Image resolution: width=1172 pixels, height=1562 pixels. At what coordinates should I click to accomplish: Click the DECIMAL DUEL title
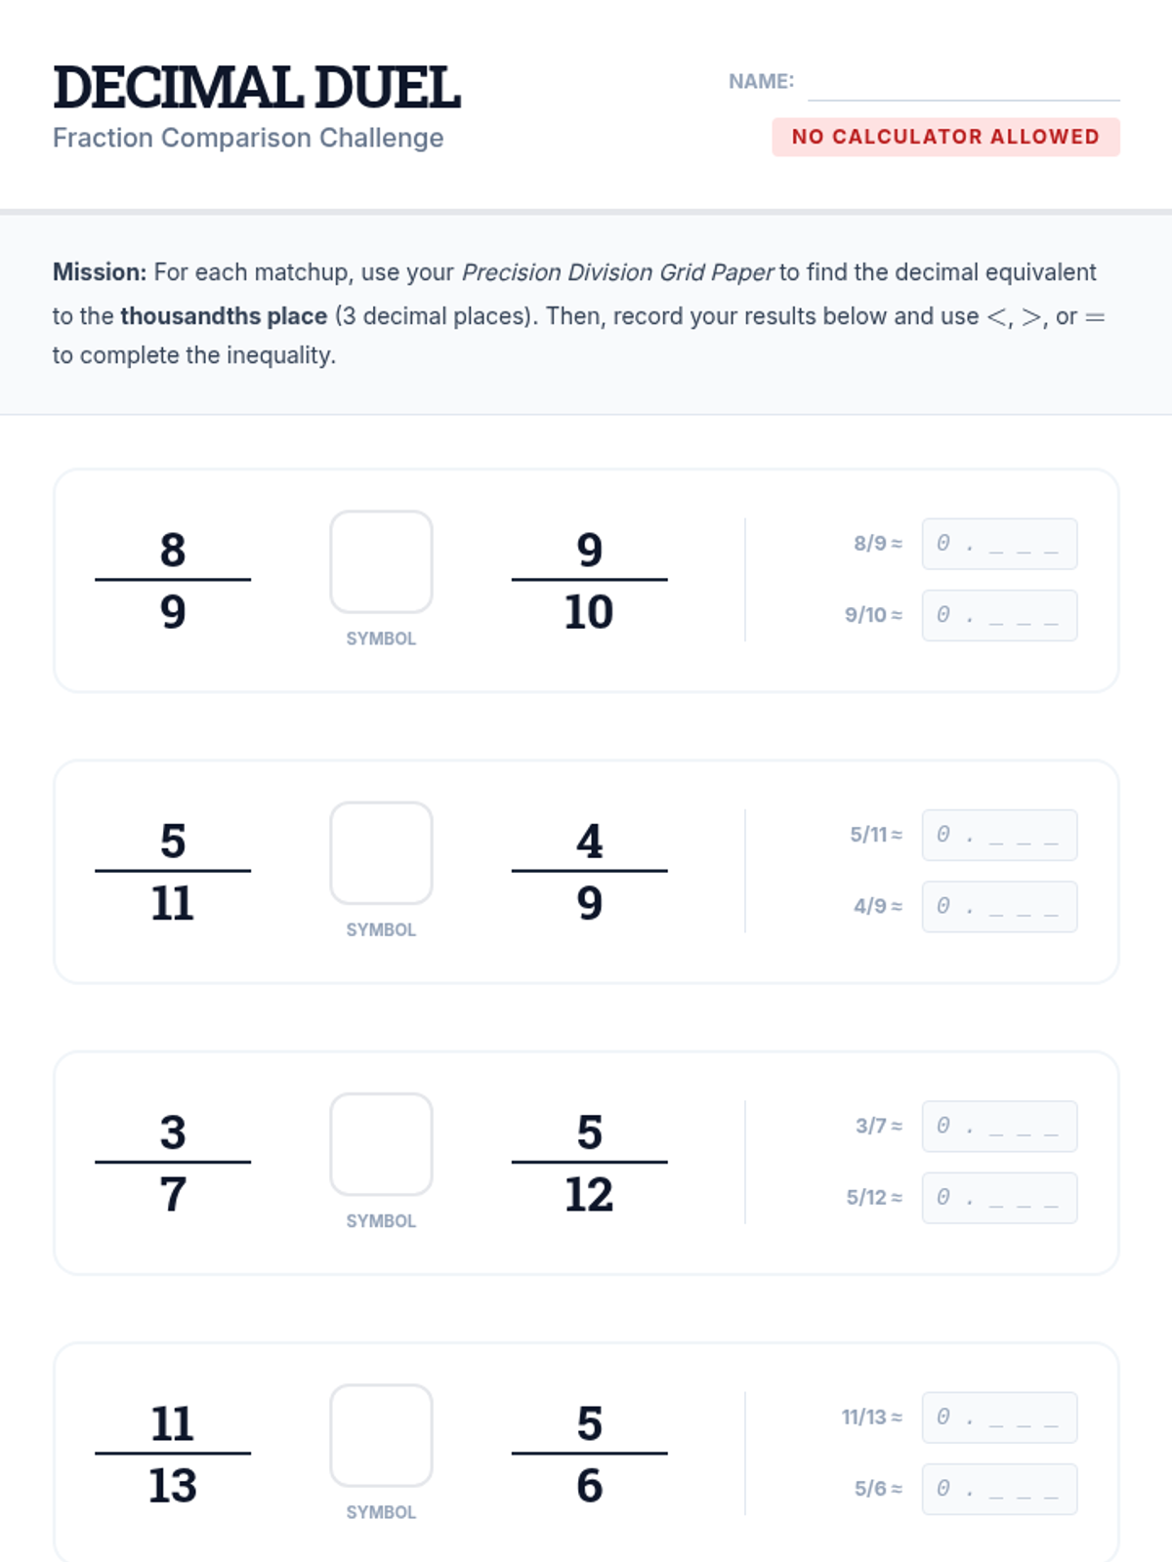tap(257, 88)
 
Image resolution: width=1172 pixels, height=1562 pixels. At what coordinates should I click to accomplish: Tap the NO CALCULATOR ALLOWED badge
tap(945, 137)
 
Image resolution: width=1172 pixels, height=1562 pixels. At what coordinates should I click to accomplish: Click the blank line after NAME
tap(964, 100)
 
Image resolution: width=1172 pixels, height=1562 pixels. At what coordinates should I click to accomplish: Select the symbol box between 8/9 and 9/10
tap(382, 561)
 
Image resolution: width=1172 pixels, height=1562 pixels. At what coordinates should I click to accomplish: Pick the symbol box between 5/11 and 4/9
tap(382, 852)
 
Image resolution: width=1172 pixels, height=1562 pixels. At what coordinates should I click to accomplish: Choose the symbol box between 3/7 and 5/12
tap(382, 1143)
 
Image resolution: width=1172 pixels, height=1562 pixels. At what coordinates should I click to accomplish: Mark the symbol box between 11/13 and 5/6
tap(382, 1435)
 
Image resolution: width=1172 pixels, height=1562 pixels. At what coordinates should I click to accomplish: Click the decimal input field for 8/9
tap(1000, 544)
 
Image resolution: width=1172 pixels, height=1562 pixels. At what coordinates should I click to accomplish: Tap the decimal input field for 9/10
tap(1000, 615)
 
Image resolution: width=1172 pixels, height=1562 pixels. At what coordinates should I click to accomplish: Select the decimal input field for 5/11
tap(1000, 835)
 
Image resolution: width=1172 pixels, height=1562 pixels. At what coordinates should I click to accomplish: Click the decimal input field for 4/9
tap(1000, 906)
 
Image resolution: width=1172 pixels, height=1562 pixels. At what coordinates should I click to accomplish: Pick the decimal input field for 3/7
tap(1000, 1126)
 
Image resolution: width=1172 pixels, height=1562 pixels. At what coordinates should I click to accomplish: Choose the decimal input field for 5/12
tap(1000, 1197)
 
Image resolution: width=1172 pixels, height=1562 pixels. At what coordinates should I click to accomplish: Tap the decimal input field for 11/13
tap(1000, 1417)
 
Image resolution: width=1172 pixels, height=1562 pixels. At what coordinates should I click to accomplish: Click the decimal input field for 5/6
tap(1000, 1488)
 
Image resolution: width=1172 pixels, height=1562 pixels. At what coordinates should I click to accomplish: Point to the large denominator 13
tap(173, 1485)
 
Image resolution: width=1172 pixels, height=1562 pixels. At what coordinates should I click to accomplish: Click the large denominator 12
tap(589, 1194)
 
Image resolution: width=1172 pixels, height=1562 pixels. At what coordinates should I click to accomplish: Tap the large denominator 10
tap(589, 611)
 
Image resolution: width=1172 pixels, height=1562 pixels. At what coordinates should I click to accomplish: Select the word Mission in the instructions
tap(100, 271)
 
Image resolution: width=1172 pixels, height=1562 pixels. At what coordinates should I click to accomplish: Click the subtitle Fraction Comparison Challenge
tap(248, 138)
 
